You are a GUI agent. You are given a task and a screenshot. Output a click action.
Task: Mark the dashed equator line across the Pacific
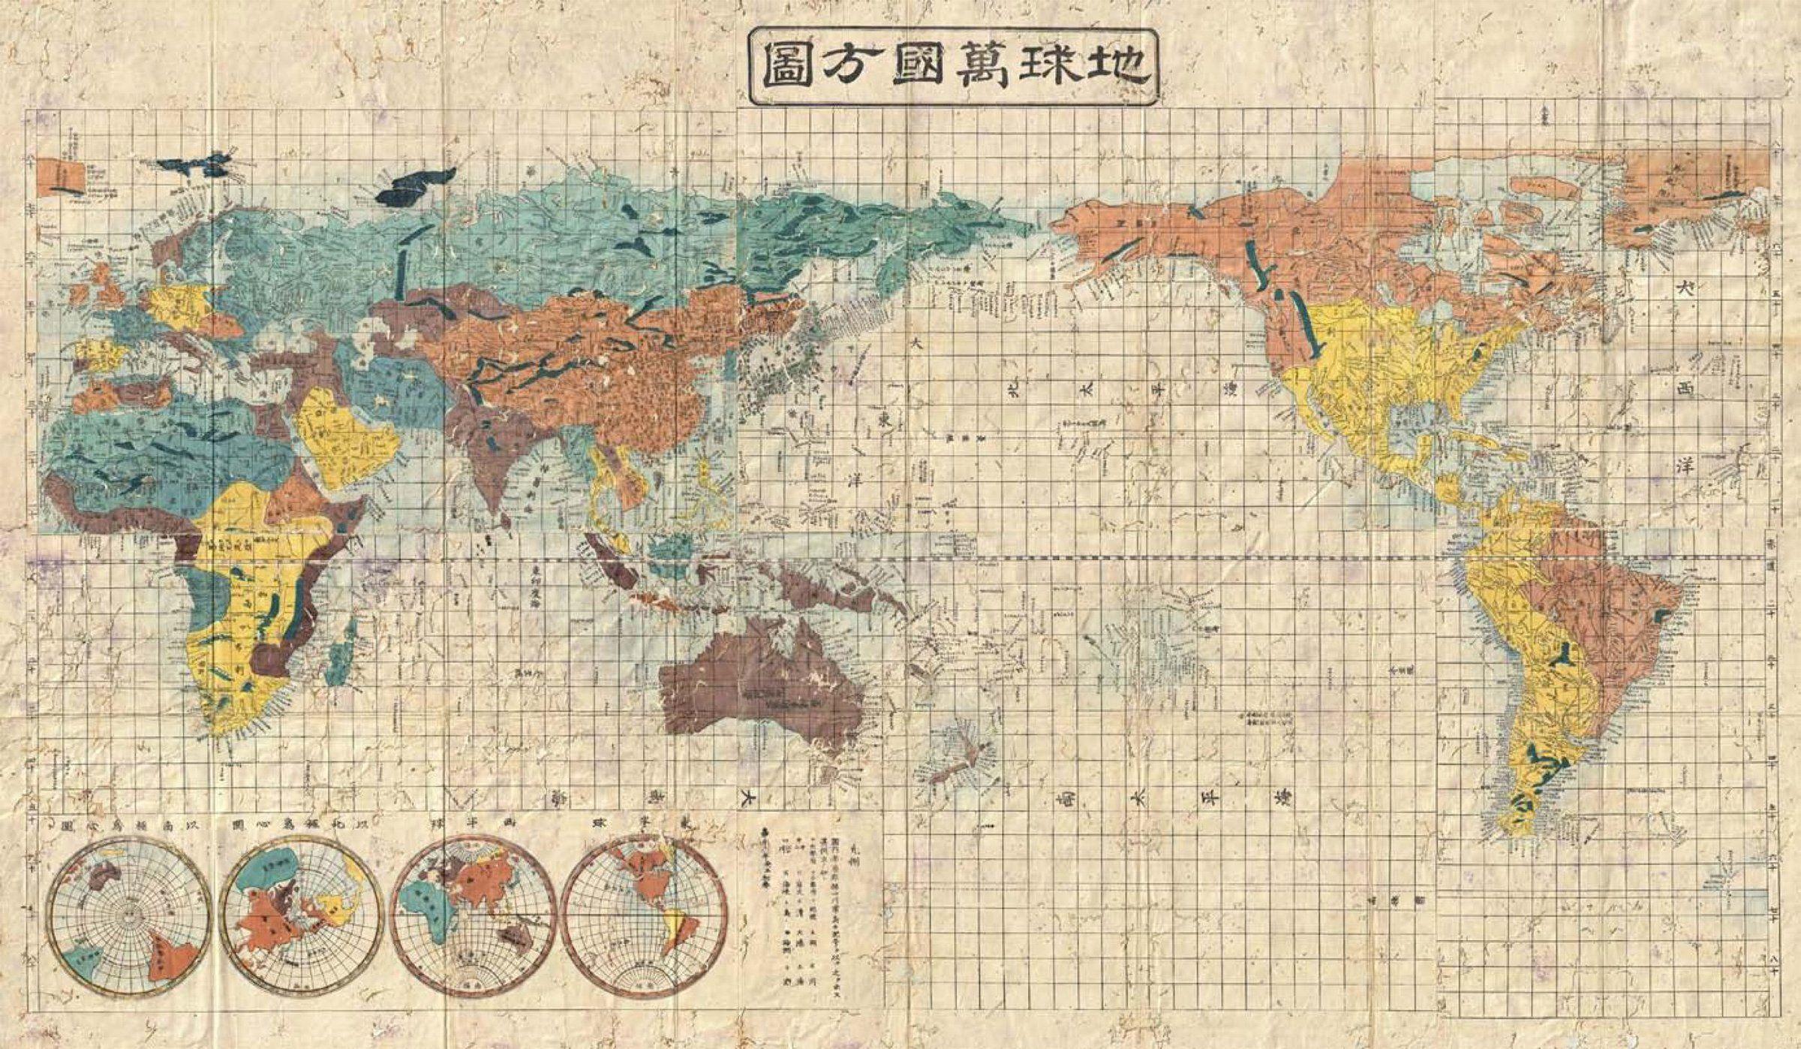(1126, 559)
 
